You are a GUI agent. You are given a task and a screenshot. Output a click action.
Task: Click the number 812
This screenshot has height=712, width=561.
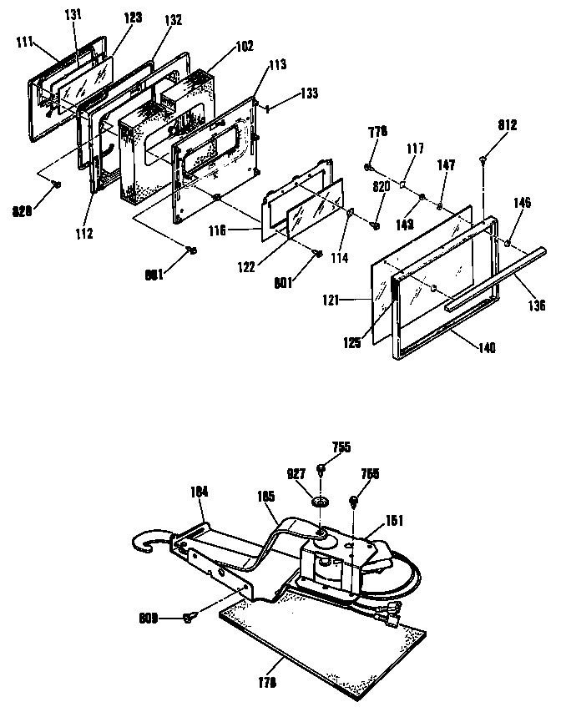pos(508,126)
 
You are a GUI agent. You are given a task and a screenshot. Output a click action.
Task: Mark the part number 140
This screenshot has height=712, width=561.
pos(487,347)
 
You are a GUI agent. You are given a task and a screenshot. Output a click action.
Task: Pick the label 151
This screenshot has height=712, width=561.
pos(395,523)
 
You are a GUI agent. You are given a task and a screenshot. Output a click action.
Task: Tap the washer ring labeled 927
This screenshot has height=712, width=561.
pos(320,502)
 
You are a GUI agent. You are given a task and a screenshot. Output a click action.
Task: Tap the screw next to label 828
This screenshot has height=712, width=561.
pos(55,184)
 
